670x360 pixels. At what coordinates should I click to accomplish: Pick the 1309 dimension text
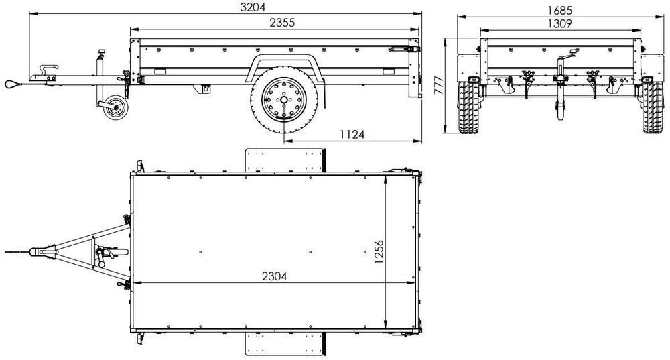point(559,23)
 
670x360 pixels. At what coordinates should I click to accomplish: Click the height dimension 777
point(440,85)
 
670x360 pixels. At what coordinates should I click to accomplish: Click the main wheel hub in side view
point(283,101)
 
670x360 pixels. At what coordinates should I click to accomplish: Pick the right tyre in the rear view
point(652,109)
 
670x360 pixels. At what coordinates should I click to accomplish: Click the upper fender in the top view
point(285,159)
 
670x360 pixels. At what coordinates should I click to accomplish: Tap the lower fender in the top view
point(285,343)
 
